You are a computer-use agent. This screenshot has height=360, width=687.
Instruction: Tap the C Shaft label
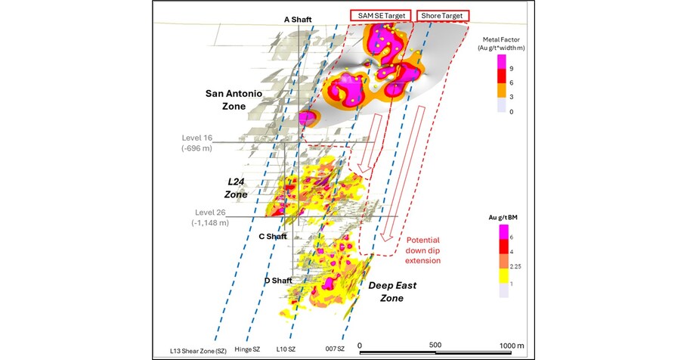pyautogui.click(x=272, y=236)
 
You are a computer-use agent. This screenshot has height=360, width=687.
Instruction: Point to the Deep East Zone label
pyautogui.click(x=390, y=292)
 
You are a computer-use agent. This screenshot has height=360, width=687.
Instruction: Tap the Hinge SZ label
pyautogui.click(x=249, y=351)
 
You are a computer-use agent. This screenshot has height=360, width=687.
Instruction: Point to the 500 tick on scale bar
pyautogui.click(x=435, y=346)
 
